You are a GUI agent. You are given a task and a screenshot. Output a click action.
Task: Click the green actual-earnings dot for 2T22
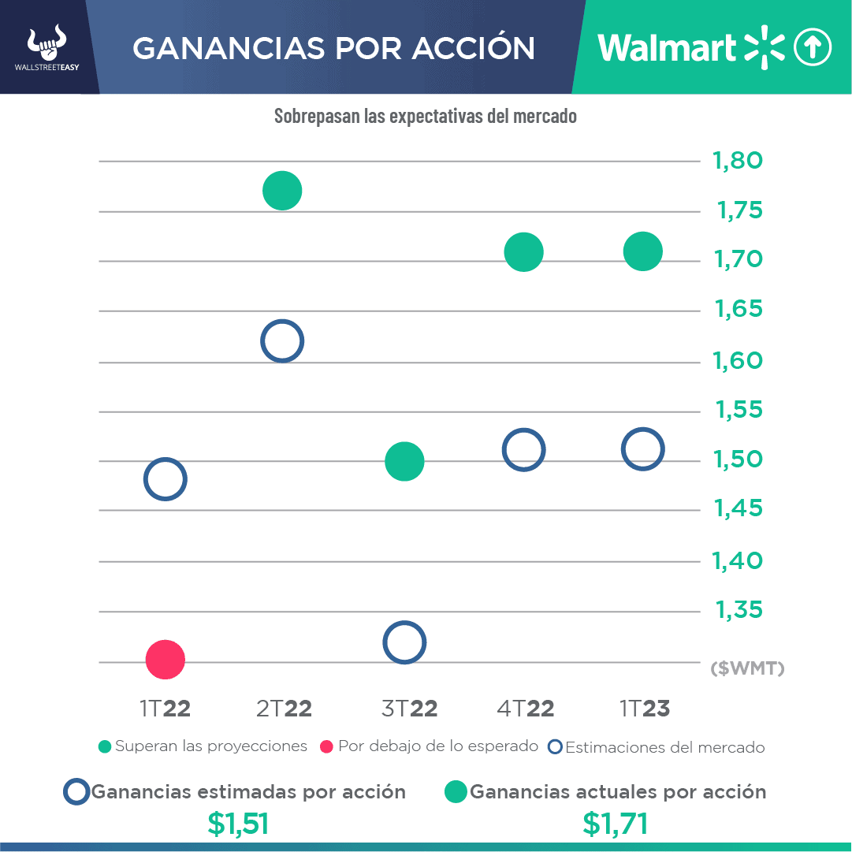point(282,191)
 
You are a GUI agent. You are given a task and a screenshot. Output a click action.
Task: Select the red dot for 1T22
point(166,660)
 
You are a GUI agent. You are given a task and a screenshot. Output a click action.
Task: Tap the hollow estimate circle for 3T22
point(404,642)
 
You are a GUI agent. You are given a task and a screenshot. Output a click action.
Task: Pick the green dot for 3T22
point(404,461)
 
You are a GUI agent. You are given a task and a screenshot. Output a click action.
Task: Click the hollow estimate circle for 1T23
point(643,449)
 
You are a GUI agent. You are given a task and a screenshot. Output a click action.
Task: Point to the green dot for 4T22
point(524,252)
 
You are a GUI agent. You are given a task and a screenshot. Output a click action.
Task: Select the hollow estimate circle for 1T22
point(165,479)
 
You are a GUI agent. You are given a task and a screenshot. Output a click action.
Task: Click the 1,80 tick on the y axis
point(738,161)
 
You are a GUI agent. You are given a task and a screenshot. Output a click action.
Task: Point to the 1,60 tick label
point(738,361)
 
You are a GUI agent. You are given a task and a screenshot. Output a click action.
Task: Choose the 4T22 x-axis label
point(526,709)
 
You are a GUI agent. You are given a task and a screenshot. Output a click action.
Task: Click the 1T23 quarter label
point(645,709)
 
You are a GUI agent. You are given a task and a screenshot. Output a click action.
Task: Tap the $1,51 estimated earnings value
point(238,824)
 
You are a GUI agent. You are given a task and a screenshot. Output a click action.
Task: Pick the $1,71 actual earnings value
point(616,824)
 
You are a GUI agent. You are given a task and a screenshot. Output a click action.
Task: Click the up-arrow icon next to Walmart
point(812,48)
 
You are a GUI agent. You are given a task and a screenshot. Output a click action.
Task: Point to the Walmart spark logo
point(765,47)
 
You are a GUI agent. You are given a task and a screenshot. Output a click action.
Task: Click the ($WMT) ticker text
point(747,669)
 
